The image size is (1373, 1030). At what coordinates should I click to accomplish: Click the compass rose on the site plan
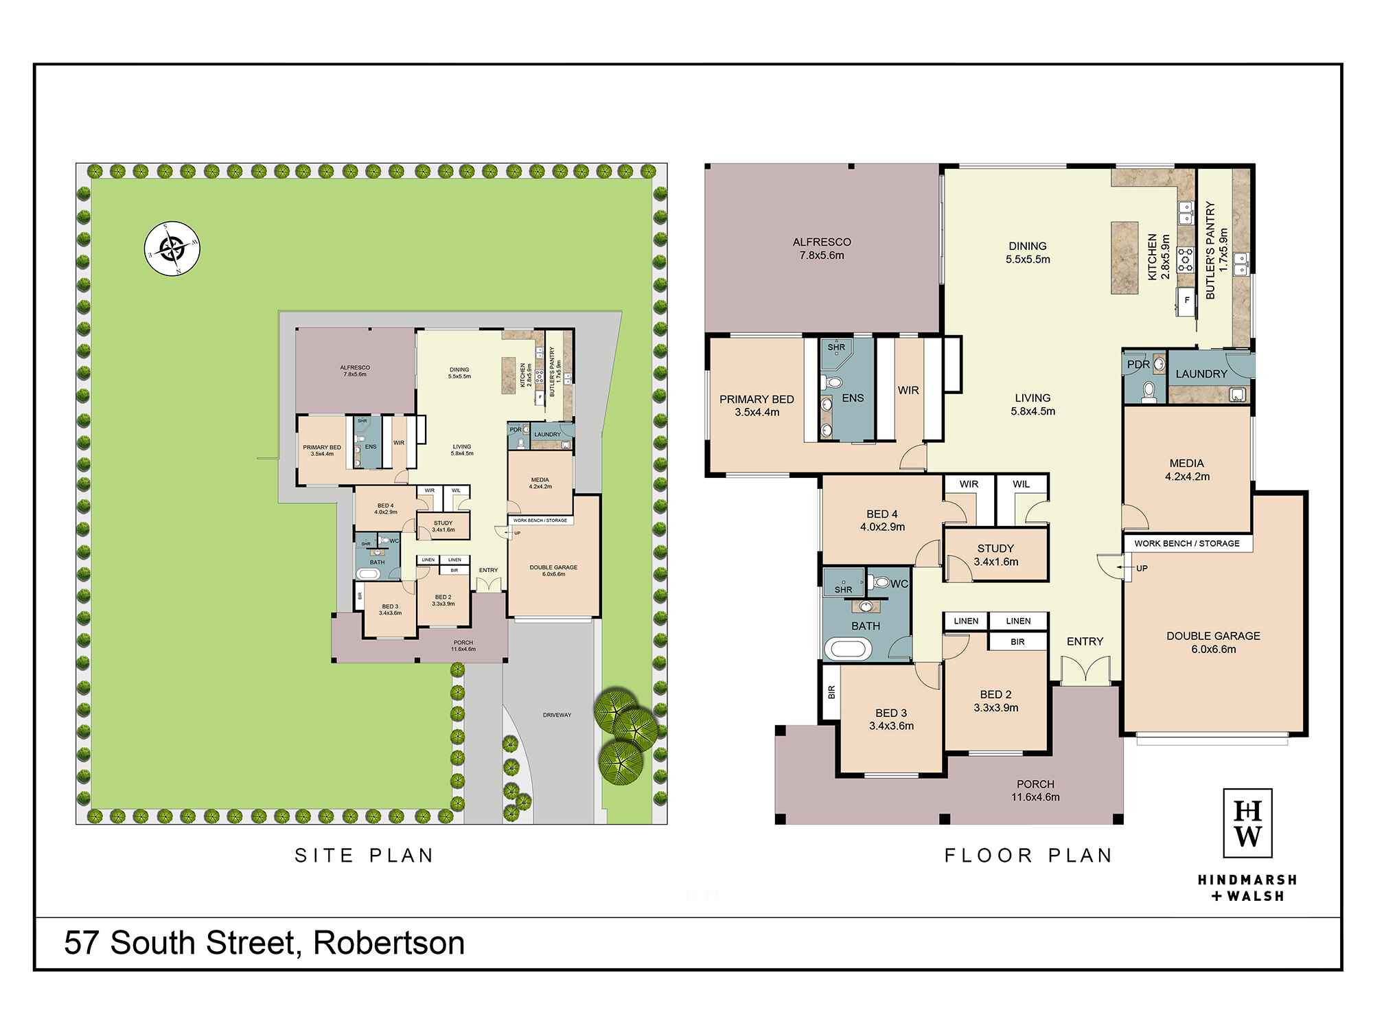click(172, 249)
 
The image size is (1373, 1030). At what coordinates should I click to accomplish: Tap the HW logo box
click(1247, 823)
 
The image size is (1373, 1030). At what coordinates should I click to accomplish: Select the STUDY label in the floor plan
click(995, 549)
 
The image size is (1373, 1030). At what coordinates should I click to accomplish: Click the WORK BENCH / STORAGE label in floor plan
click(1187, 543)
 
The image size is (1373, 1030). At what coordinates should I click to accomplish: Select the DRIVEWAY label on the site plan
click(557, 715)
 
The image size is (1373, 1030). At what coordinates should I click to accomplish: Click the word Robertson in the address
click(389, 943)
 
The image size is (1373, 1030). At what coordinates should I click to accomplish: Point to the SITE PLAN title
click(364, 856)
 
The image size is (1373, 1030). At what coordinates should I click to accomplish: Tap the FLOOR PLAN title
click(1028, 856)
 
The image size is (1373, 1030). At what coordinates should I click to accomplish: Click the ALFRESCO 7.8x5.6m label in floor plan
click(822, 249)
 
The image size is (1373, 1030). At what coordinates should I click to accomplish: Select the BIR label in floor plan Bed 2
click(1017, 642)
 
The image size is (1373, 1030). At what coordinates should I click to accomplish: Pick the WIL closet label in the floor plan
click(1021, 484)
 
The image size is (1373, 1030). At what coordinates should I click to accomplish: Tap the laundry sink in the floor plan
click(1238, 394)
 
